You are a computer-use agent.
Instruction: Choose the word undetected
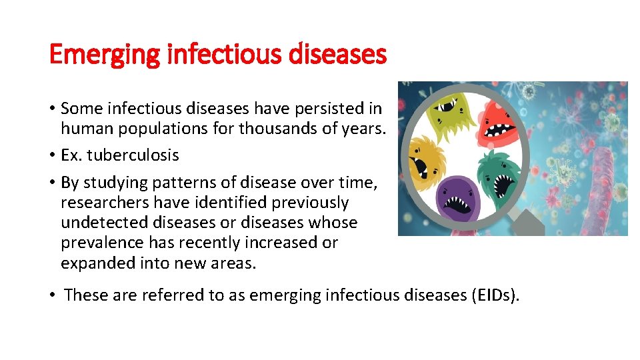[x=99, y=223]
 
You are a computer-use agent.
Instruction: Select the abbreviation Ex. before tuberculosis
[x=70, y=155]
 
